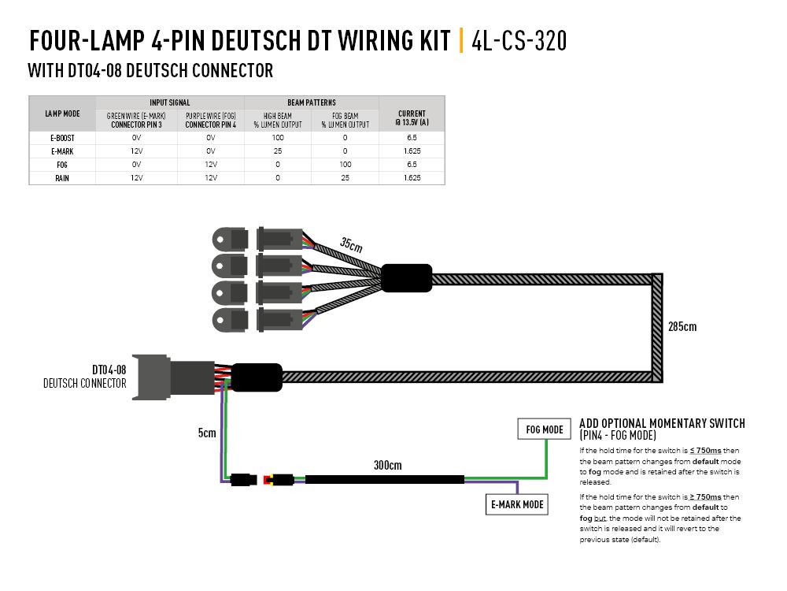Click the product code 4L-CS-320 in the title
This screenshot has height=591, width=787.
tap(519, 40)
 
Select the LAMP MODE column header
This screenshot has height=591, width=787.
tap(62, 113)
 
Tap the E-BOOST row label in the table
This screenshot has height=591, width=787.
tap(62, 137)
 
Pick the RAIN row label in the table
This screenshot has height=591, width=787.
tap(62, 178)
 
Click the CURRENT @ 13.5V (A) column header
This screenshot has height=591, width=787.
tap(412, 117)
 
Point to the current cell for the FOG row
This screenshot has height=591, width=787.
tap(412, 165)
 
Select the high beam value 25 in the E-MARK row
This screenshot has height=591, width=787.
tap(278, 151)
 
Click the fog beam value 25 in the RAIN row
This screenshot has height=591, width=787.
tap(345, 178)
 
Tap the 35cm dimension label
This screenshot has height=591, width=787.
tap(351, 244)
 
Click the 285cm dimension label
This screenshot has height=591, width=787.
tap(682, 326)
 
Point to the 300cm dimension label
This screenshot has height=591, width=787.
tap(387, 465)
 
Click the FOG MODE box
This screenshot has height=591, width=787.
tap(545, 429)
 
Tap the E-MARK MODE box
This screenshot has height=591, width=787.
tap(516, 504)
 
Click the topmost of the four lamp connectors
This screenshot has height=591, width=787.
tap(257, 237)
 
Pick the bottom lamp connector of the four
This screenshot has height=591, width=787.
tap(257, 319)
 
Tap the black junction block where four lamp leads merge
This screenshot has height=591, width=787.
tap(406, 278)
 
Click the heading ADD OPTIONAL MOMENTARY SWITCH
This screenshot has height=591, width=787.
tap(661, 424)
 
